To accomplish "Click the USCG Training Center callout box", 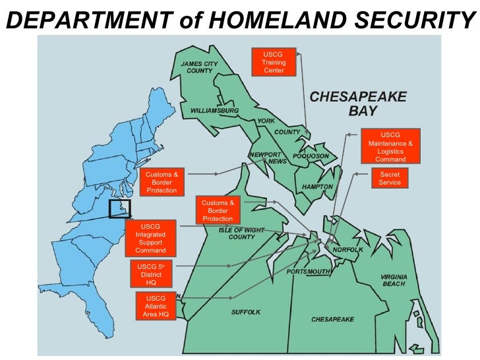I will [x=274, y=62].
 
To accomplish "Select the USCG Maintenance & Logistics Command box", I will [x=390, y=147].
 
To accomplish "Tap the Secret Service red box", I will [x=390, y=179].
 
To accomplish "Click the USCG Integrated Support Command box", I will [x=150, y=238].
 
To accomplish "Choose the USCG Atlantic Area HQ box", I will [x=156, y=307].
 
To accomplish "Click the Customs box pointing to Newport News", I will [x=162, y=183].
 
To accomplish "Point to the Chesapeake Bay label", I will [x=358, y=102].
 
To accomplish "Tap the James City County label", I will [x=199, y=67].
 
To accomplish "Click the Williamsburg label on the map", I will [x=214, y=110].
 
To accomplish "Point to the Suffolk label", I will [x=246, y=311].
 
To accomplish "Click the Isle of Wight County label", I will [x=241, y=233].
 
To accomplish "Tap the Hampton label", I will [x=317, y=187].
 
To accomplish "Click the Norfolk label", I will [x=347, y=250].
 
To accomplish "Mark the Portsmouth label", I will [x=309, y=272].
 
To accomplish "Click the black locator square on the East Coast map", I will [x=119, y=208].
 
